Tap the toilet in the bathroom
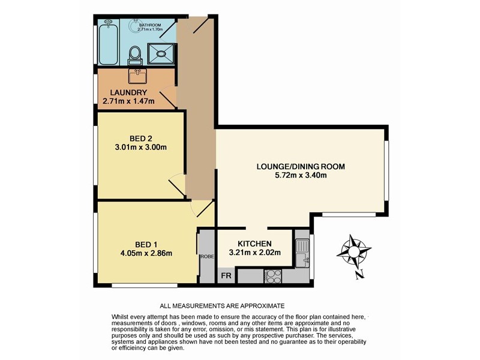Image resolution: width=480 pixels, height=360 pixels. [x=136, y=54]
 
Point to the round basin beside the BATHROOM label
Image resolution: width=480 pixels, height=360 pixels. [x=109, y=22]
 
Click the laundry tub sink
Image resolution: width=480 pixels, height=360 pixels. [x=139, y=76]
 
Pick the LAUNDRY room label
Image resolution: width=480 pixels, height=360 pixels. [x=128, y=92]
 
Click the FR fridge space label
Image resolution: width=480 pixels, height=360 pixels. [x=226, y=275]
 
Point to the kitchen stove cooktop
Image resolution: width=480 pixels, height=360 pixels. [x=273, y=276]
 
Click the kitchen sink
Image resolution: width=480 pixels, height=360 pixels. [x=302, y=253]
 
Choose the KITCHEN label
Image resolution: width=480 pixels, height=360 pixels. [x=256, y=243]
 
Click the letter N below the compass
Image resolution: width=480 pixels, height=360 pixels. [x=358, y=275]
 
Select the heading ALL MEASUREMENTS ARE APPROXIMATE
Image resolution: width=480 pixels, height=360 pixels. [x=222, y=305]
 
